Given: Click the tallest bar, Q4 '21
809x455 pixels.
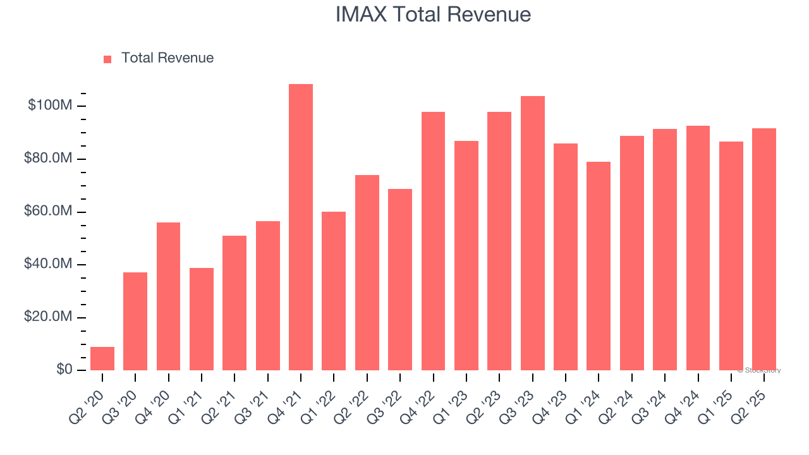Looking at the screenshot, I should tap(301, 227).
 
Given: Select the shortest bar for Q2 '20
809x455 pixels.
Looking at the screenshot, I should tap(102, 358).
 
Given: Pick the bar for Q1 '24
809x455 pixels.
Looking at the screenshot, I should tap(599, 266).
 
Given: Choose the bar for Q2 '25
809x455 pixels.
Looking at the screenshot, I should tap(764, 249).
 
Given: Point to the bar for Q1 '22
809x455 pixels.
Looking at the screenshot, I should tap(334, 291).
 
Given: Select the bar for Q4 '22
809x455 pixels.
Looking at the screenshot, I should tap(433, 241).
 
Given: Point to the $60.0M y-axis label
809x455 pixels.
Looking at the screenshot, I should tap(47, 211).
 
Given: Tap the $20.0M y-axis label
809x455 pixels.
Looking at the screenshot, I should tap(47, 317).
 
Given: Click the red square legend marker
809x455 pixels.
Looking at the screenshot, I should tap(107, 59).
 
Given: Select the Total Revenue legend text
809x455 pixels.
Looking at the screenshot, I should tap(167, 58).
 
